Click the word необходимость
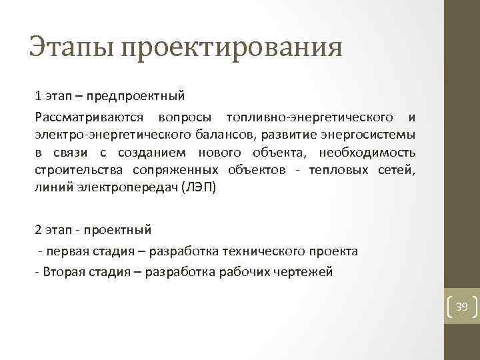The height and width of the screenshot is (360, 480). click(x=369, y=153)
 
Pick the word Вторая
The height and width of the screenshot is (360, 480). click(x=64, y=272)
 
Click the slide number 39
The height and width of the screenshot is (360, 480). click(x=461, y=307)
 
